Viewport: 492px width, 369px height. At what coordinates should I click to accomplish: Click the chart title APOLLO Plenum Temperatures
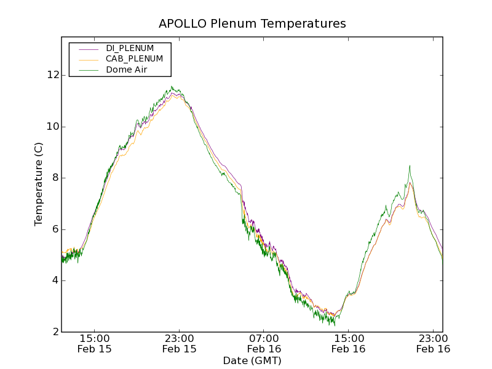(252, 24)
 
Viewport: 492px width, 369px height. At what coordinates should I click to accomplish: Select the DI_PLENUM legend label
(130, 48)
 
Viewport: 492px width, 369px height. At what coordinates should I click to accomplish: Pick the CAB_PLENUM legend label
(134, 59)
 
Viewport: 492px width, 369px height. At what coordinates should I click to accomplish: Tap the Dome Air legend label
(126, 70)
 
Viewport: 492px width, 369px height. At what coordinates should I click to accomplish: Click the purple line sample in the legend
(88, 48)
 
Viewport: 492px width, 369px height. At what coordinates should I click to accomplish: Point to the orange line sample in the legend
(88, 59)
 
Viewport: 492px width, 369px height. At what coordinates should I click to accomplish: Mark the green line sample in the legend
(88, 70)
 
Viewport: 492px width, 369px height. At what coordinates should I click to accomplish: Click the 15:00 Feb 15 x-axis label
(95, 343)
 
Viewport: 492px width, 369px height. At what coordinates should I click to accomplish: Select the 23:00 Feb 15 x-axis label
(180, 343)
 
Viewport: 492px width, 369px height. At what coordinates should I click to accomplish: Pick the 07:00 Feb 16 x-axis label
(264, 343)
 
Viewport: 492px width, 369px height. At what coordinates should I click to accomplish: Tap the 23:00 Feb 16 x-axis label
(433, 343)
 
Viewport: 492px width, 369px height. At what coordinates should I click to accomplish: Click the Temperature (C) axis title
(39, 184)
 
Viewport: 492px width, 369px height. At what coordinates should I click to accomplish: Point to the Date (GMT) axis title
(252, 360)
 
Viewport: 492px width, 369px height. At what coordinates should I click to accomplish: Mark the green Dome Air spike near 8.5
(410, 166)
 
